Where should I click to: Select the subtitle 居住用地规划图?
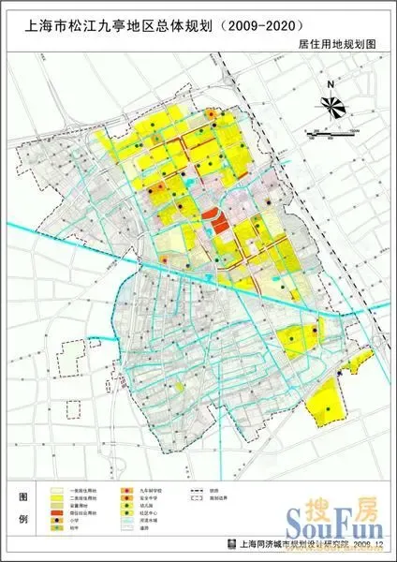click(333, 44)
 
